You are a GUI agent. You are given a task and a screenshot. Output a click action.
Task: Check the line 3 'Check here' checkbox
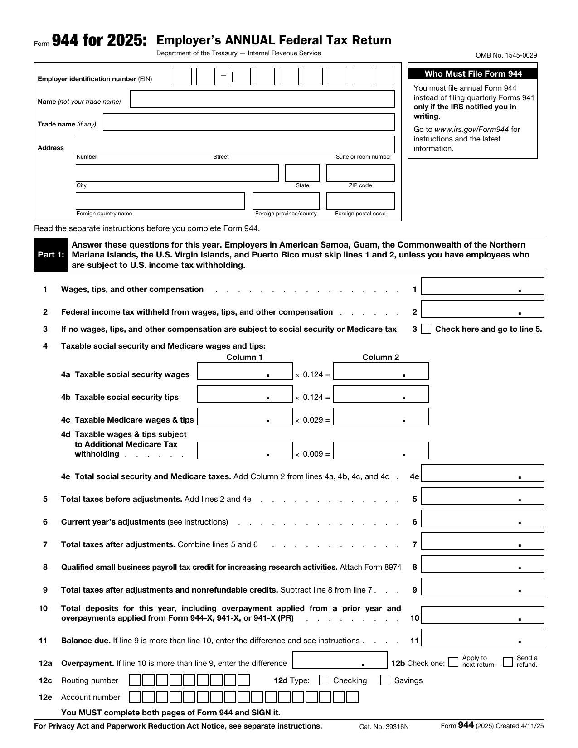pyautogui.click(x=426, y=329)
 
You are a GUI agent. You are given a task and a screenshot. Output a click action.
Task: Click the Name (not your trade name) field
pyautogui.click(x=262, y=99)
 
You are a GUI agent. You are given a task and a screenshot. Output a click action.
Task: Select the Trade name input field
pyautogui.click(x=248, y=122)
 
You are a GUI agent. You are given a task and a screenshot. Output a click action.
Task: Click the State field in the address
pyautogui.click(x=302, y=173)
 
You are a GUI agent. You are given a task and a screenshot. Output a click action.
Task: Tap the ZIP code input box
pyautogui.click(x=360, y=173)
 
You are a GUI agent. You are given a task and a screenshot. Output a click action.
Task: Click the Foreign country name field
pyautogui.click(x=160, y=201)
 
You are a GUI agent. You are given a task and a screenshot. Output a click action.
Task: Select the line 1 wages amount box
pyautogui.click(x=482, y=287)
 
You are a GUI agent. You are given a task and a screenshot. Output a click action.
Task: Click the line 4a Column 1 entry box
pyautogui.click(x=244, y=371)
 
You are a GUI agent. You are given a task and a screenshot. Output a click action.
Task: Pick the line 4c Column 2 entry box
pyautogui.click(x=380, y=417)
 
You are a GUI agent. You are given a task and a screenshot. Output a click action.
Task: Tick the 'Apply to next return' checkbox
pyautogui.click(x=453, y=662)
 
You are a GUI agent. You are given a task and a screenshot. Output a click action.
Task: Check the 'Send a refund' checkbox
pyautogui.click(x=508, y=662)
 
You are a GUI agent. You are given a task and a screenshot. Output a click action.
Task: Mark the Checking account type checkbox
pyautogui.click(x=324, y=680)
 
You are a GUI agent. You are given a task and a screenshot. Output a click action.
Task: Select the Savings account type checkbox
pyautogui.click(x=385, y=680)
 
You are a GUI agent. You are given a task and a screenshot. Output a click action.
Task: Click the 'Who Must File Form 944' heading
pyautogui.click(x=473, y=74)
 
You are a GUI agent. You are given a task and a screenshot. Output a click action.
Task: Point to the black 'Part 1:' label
pyautogui.click(x=51, y=255)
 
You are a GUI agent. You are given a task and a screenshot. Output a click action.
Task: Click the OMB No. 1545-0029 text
pyautogui.click(x=506, y=55)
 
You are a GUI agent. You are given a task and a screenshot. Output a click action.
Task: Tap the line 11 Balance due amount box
pyautogui.click(x=482, y=638)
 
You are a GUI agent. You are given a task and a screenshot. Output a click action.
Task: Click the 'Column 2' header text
pyautogui.click(x=380, y=357)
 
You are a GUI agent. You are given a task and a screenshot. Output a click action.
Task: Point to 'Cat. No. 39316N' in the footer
pyautogui.click(x=384, y=727)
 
